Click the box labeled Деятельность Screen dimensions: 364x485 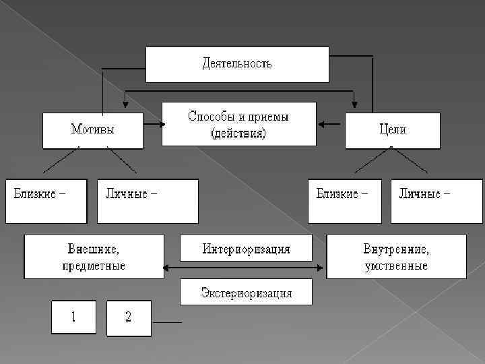pyautogui.click(x=238, y=64)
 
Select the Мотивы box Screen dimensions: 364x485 pyautogui.click(x=93, y=130)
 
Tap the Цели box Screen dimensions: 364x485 pyautogui.click(x=393, y=130)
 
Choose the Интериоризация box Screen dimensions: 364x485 pyautogui.click(x=246, y=249)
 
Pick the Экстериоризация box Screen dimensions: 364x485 pyautogui.click(x=246, y=293)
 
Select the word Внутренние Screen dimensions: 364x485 pyautogui.click(x=396, y=249)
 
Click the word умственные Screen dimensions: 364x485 pyautogui.click(x=396, y=265)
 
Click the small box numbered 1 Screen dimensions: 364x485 pyautogui.click(x=74, y=317)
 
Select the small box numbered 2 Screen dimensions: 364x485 pyautogui.click(x=129, y=317)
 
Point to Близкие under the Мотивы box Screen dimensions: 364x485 pyautogui.click(x=40, y=193)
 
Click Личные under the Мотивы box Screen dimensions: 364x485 pyautogui.click(x=131, y=193)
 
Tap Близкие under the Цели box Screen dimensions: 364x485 pyautogui.click(x=342, y=193)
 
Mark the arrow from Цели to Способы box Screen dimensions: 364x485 pyautogui.click(x=331, y=124)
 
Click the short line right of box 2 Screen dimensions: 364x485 pyautogui.click(x=168, y=323)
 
